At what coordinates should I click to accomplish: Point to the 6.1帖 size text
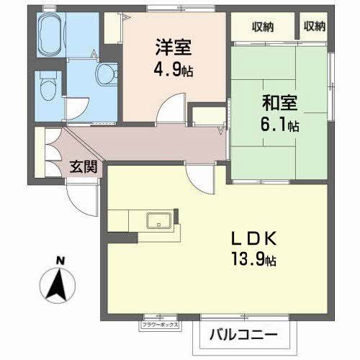tap(280, 125)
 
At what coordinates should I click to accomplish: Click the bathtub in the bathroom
tap(49, 35)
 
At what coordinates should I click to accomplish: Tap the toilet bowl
tap(48, 90)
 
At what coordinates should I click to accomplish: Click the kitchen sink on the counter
tap(157, 220)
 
